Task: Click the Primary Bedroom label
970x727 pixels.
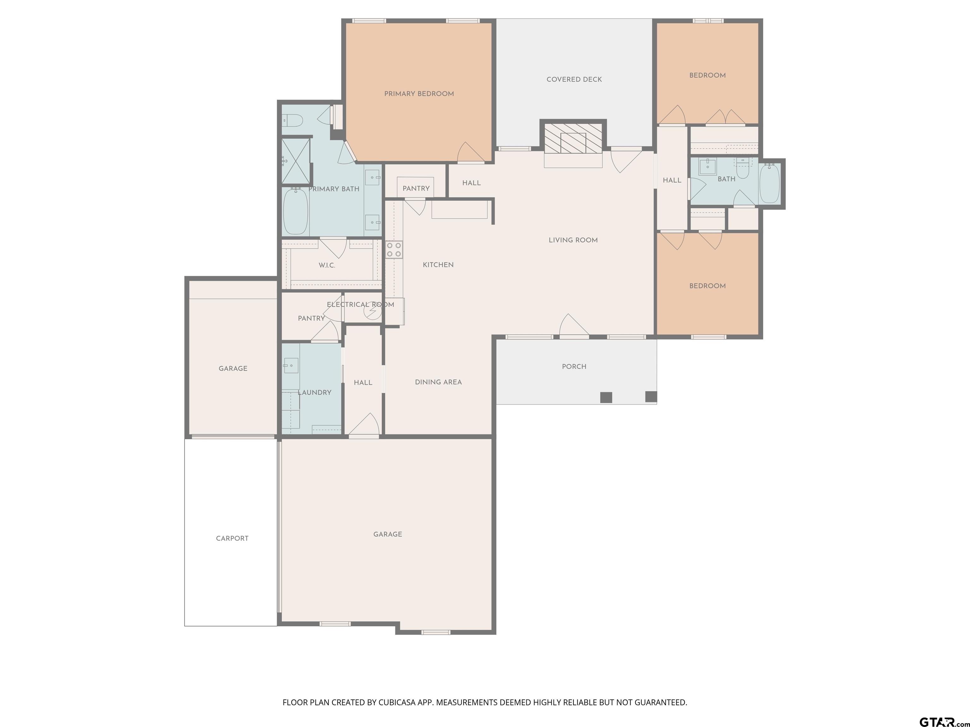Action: coord(419,94)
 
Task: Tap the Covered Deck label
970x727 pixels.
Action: coord(574,79)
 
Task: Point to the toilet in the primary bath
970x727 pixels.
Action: coord(292,120)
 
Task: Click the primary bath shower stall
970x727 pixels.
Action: coord(296,161)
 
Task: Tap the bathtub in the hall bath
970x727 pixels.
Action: coord(769,183)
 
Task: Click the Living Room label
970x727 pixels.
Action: coord(573,240)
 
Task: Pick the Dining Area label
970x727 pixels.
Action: coord(438,382)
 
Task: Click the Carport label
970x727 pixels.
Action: coord(232,539)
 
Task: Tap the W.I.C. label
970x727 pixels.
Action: coord(327,266)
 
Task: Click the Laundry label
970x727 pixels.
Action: coord(314,393)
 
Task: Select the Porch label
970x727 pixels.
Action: coord(574,367)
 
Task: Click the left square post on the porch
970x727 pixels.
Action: coord(606,397)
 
